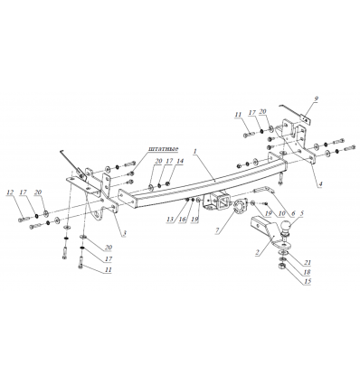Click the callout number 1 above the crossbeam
[195, 153]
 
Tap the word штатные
[163, 149]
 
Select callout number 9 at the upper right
[316, 98]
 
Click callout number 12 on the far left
[11, 192]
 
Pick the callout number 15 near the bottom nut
[308, 282]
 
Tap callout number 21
[307, 263]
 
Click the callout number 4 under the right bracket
[321, 183]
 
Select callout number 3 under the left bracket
[124, 233]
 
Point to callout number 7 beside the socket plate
[217, 230]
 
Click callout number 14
[180, 161]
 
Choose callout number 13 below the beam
[170, 219]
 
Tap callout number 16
[183, 219]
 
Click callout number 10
[281, 213]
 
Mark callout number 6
[292, 213]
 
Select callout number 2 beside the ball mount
[257, 252]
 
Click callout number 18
[308, 272]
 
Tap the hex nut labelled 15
[280, 267]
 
